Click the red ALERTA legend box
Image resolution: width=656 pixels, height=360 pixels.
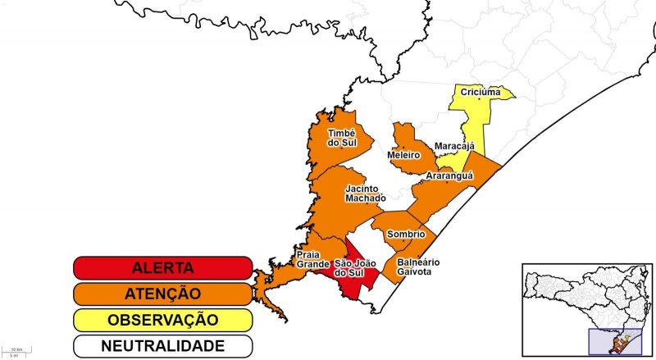click(162, 268)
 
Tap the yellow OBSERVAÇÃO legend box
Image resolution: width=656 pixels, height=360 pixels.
click(162, 320)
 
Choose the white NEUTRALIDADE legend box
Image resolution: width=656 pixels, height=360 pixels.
click(162, 345)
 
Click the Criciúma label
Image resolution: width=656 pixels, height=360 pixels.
click(481, 92)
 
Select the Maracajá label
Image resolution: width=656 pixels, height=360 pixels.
click(454, 146)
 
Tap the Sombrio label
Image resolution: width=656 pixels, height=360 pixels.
click(405, 234)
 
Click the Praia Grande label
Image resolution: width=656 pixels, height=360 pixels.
click(313, 259)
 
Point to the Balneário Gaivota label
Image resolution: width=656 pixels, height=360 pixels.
click(418, 267)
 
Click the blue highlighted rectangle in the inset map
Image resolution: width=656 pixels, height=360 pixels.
click(617, 340)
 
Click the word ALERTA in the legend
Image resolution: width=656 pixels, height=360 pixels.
click(162, 268)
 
